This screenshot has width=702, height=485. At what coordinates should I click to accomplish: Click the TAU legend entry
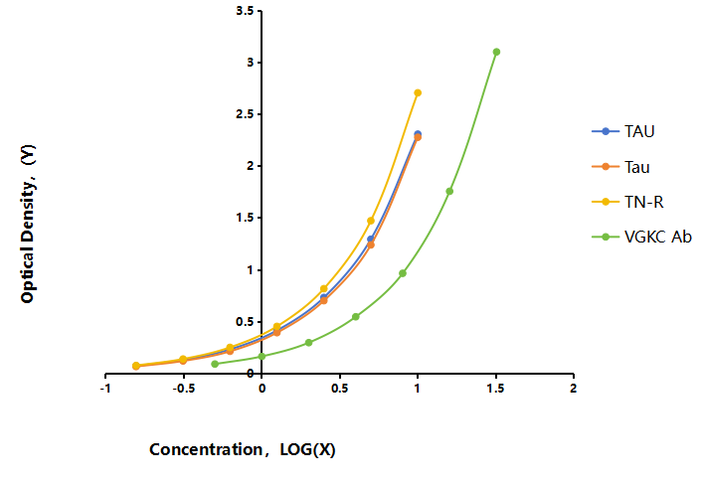click(623, 131)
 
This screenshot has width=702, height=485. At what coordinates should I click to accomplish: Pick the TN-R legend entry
click(627, 202)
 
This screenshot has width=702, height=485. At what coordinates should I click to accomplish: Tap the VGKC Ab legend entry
click(641, 237)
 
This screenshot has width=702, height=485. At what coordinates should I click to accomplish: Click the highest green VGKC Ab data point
click(496, 52)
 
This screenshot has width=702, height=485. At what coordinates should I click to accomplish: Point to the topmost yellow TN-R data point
click(418, 92)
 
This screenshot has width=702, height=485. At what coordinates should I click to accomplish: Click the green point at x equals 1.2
click(449, 191)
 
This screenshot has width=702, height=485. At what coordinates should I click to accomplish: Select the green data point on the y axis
click(262, 356)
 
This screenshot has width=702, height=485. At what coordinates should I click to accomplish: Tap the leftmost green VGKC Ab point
click(215, 364)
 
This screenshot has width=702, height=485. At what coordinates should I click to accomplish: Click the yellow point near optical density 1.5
click(371, 221)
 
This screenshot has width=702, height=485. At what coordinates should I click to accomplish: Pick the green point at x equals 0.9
click(403, 273)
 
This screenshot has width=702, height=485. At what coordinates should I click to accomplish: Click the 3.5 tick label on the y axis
click(245, 11)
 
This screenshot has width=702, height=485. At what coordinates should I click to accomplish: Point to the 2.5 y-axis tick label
click(245, 114)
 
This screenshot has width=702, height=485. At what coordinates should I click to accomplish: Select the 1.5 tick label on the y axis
click(245, 218)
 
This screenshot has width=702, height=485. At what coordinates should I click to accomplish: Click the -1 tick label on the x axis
click(105, 388)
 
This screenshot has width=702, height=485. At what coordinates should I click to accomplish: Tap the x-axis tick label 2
click(573, 388)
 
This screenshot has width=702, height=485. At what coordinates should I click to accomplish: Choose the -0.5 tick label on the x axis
click(184, 388)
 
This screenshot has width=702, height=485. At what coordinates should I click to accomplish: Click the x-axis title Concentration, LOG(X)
click(243, 449)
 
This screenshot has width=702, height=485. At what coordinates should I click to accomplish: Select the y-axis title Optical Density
click(28, 224)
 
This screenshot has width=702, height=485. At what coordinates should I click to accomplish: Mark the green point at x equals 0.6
click(356, 316)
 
